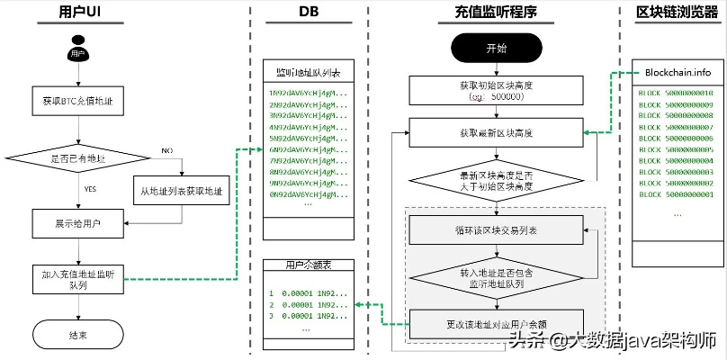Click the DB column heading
309,12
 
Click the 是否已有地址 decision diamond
77,157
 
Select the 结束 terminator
77,335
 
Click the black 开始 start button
496,48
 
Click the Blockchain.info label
677,72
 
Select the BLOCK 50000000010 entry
676,94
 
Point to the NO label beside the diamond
166,151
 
